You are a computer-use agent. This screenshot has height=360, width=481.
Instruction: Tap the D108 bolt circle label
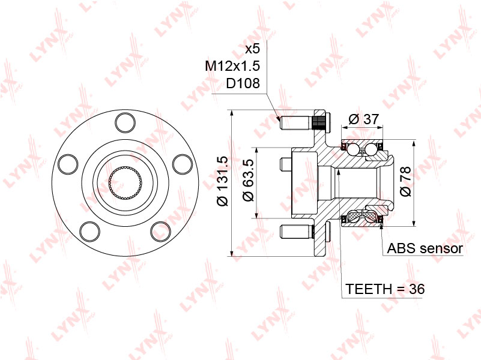tap(243, 83)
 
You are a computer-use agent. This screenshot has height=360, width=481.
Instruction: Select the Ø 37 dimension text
tap(364, 119)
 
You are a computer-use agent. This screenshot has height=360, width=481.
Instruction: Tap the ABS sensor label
tap(425, 248)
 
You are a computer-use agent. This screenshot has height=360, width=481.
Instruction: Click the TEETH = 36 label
tap(385, 289)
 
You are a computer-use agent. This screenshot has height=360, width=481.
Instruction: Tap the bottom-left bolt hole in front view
tap(91, 230)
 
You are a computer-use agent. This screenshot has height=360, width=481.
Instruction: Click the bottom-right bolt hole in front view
tap(160, 230)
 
